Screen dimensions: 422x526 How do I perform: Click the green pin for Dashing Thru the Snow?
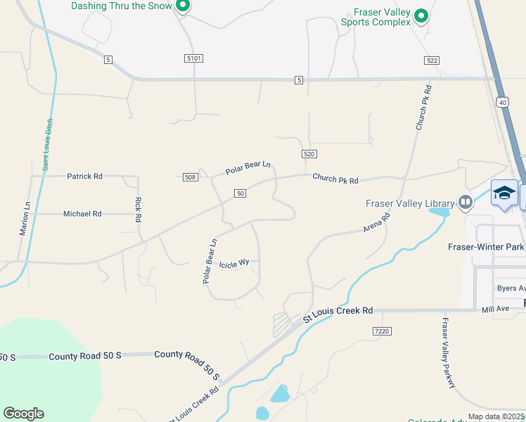183,7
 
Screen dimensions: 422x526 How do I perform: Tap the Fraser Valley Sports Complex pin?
421,15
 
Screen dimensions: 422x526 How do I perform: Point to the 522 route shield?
432,61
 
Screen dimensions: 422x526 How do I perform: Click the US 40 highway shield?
502,103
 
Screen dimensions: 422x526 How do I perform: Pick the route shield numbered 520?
309,154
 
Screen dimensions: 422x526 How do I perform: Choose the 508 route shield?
190,177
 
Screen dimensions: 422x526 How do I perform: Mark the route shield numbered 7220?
382,331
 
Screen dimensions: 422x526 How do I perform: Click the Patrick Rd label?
84,177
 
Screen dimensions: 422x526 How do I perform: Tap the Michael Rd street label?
82,214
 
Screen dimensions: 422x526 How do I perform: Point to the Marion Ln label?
27,218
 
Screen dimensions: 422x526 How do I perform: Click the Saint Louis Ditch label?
47,144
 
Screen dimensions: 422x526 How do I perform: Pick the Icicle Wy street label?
234,264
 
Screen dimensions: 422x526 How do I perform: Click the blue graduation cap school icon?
504,193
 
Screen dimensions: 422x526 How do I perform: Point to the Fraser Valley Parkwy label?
449,352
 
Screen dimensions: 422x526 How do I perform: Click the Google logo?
24,414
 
